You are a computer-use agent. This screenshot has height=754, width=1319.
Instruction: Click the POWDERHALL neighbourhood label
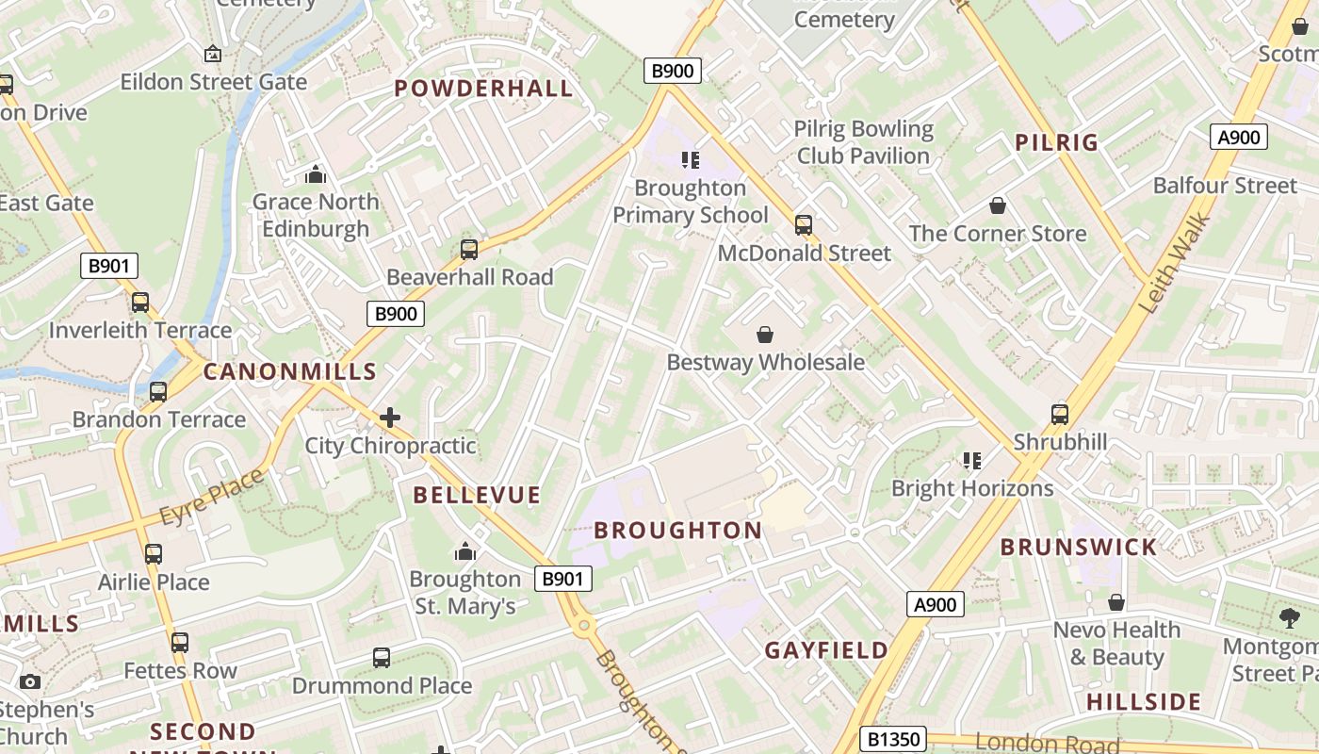pos(483,89)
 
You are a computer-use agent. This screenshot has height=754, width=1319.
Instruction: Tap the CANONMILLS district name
pos(290,371)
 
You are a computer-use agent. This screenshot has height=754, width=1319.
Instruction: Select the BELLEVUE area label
pos(477,495)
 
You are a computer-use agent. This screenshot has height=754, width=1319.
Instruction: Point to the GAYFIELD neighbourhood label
pos(826,650)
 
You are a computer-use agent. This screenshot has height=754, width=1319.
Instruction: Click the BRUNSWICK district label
pos(1078,548)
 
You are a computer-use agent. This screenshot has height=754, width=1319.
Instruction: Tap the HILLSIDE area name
pos(1144,702)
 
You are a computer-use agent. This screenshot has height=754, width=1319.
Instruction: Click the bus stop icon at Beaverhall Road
pos(469,250)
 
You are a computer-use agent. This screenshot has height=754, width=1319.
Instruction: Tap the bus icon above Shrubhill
pos(1060,415)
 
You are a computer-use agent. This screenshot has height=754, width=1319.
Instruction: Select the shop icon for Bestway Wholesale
pos(765,335)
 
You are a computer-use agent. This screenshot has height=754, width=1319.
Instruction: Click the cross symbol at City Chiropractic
pos(390,418)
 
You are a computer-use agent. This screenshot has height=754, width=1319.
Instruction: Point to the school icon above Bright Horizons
pos(972,461)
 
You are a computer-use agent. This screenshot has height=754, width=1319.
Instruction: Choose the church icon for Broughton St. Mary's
pos(464,551)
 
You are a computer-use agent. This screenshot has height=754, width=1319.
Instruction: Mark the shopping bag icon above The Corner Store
pos(998,205)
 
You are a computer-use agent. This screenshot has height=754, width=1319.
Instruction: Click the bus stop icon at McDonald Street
pos(804,225)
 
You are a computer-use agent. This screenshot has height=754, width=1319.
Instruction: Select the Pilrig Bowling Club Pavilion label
pos(864,142)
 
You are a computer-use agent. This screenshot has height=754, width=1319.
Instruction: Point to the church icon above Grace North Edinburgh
pos(316,174)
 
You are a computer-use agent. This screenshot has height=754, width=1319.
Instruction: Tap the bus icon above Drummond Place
pos(382,658)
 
